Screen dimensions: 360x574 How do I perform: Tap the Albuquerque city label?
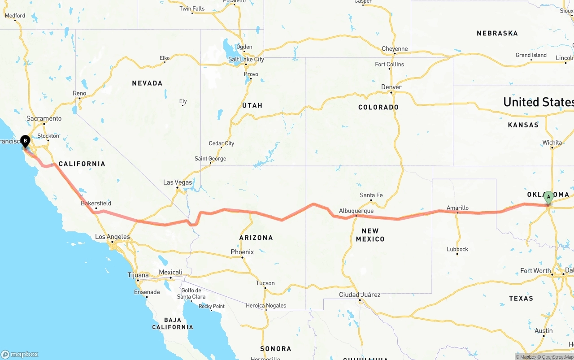click(x=356, y=211)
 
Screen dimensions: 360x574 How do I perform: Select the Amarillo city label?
click(x=457, y=208)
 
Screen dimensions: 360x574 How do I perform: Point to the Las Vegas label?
click(x=178, y=182)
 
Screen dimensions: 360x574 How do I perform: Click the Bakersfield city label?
click(x=96, y=203)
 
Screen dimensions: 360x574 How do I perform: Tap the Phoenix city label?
click(x=242, y=252)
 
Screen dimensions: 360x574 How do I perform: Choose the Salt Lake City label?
click(x=246, y=59)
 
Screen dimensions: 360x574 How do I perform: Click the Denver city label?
click(x=391, y=87)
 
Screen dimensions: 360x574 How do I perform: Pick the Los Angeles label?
click(x=113, y=237)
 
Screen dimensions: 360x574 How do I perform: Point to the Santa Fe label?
click(x=371, y=195)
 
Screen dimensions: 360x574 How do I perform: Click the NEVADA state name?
click(x=147, y=83)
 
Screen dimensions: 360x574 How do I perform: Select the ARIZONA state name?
click(x=256, y=238)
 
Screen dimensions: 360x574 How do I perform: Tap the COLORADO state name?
click(x=378, y=107)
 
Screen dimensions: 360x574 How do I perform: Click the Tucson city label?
click(x=265, y=283)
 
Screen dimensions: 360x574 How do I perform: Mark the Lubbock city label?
click(x=457, y=249)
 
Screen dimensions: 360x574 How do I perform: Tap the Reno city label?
click(x=79, y=93)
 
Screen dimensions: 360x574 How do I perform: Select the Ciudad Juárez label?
click(x=360, y=295)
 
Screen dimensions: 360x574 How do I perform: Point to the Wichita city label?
click(x=552, y=143)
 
